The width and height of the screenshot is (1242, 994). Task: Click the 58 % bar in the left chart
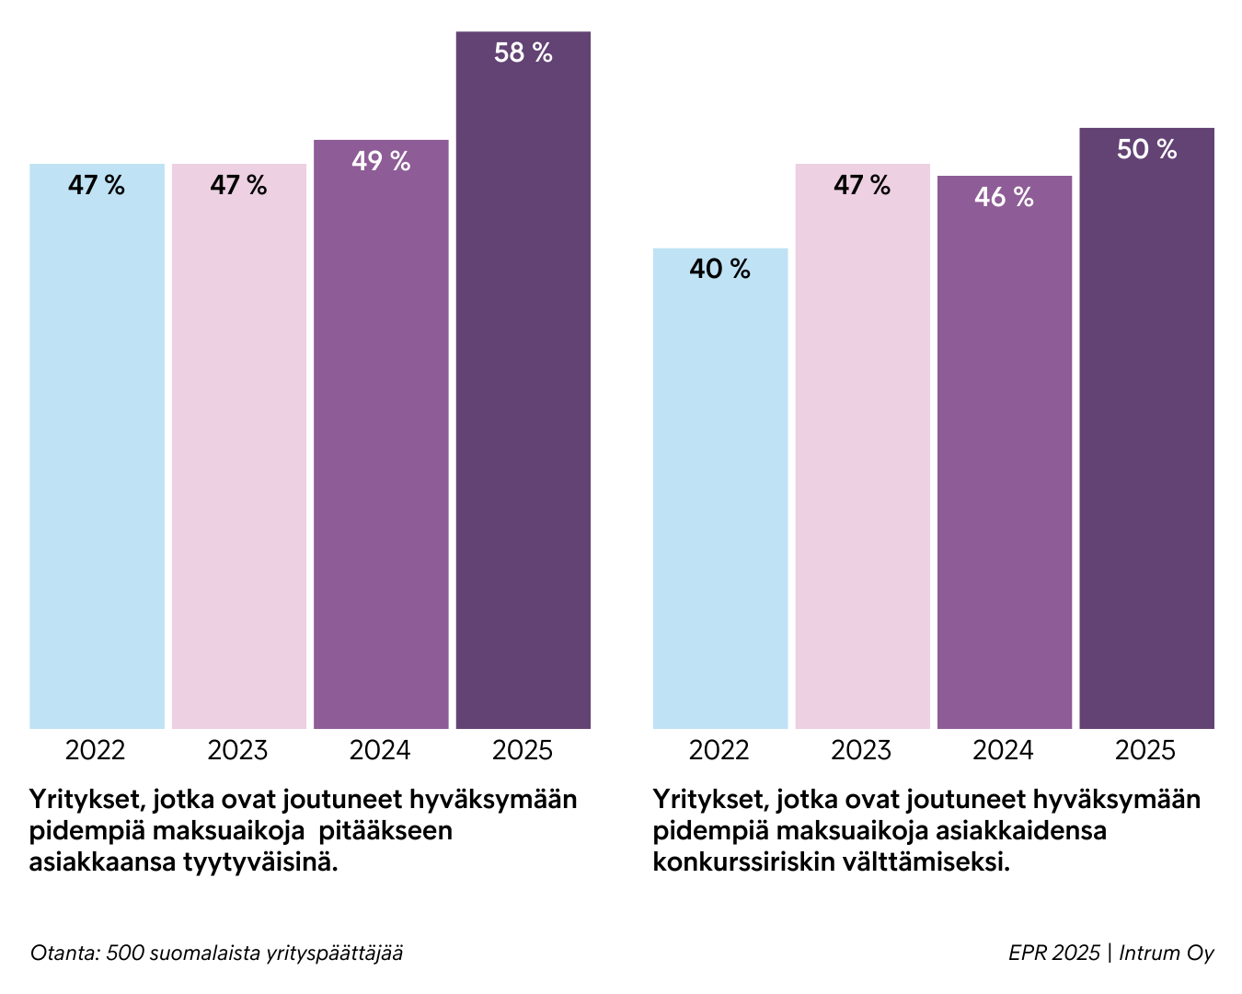tap(523, 387)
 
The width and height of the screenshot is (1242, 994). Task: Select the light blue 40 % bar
tap(720, 497)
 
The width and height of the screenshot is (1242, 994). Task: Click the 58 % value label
tap(523, 53)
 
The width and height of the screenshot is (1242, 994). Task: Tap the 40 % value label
tap(719, 270)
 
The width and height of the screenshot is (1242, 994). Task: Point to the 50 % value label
tap(1146, 149)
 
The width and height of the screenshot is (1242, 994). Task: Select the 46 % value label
tap(1004, 197)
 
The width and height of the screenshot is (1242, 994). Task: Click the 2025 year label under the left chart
tap(522, 751)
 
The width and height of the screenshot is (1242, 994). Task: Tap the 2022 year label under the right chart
tap(719, 751)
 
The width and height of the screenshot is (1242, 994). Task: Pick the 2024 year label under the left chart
tap(380, 751)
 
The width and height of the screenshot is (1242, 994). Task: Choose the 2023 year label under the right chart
tap(861, 751)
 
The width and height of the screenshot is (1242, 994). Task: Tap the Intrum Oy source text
tap(1166, 953)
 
